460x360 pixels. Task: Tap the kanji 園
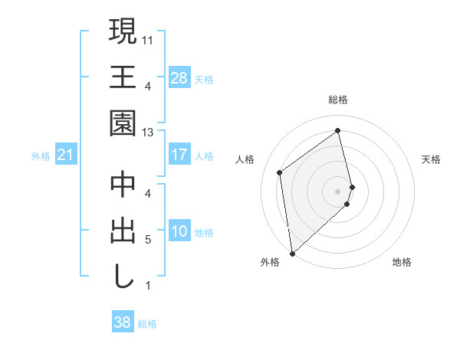[123, 123]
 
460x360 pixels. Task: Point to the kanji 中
[123, 185]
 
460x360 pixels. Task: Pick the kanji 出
[123, 231]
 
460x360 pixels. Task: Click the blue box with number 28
[179, 77]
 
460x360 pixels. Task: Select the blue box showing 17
[179, 155]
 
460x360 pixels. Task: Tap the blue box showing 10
[179, 231]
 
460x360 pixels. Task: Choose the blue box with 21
[65, 155]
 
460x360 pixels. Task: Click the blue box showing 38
[122, 322]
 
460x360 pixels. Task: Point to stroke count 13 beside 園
[148, 133]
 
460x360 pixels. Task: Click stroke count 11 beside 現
[148, 38]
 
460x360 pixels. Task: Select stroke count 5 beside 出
[148, 240]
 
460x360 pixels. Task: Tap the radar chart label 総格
[338, 100]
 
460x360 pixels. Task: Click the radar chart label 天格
[432, 159]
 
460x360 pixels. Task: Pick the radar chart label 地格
[402, 262]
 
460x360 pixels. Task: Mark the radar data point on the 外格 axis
[292, 253]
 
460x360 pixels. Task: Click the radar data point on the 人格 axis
[280, 172]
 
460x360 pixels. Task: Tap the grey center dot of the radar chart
[338, 190]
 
